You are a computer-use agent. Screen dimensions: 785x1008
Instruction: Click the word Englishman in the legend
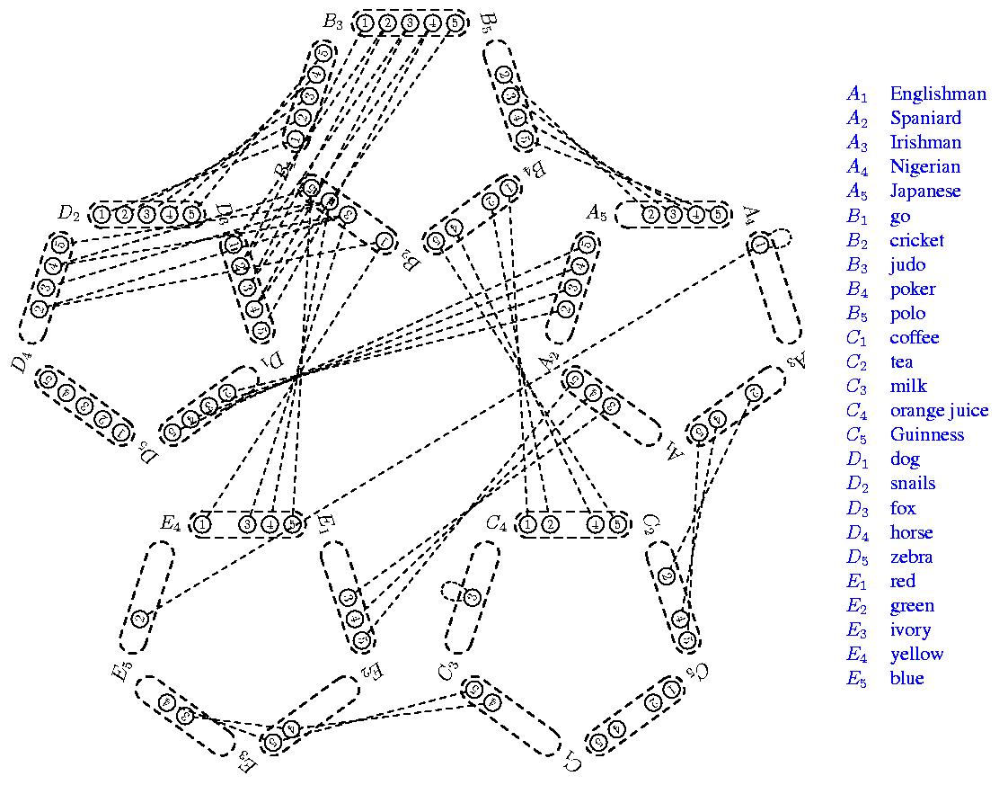pos(937,94)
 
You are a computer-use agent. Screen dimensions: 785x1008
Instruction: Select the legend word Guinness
pos(926,434)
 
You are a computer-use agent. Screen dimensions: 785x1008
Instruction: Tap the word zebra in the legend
pos(911,557)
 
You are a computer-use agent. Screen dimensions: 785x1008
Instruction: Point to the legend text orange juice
pos(939,410)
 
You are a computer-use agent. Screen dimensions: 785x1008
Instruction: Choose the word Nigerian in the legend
pos(924,166)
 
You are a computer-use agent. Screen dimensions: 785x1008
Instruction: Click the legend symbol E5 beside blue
pos(857,679)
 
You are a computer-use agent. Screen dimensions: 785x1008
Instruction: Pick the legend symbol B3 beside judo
pos(857,265)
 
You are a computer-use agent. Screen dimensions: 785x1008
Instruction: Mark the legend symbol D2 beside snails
pos(857,484)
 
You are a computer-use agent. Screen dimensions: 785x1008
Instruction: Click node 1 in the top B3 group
pos(366,22)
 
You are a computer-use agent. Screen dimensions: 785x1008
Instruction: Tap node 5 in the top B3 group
pos(454,22)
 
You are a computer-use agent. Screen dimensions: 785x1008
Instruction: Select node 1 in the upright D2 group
pos(102,214)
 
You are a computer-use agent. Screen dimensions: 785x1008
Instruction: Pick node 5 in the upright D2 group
pos(190,214)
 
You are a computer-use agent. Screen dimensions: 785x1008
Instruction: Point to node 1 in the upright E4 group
pos(203,523)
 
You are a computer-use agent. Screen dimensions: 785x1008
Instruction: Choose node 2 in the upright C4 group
pos(551,523)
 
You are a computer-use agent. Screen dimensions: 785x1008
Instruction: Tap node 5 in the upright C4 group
pos(616,523)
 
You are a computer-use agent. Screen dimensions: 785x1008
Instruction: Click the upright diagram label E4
pos(172,522)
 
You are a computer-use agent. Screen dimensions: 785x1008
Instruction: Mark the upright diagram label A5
pos(597,213)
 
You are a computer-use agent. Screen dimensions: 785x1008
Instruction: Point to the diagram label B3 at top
pos(333,22)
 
